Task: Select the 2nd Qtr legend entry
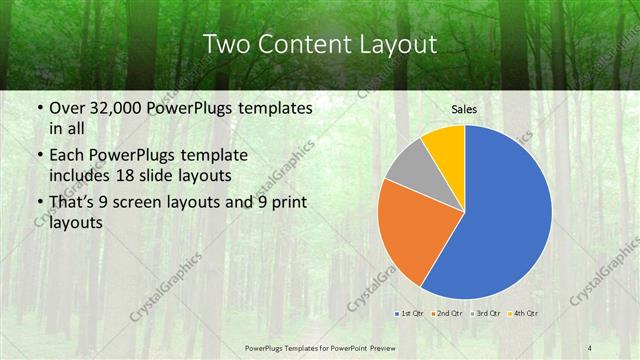tap(446, 314)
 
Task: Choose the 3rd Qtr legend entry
tap(484, 314)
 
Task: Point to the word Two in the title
tap(228, 44)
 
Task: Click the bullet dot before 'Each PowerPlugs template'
tap(38, 156)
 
